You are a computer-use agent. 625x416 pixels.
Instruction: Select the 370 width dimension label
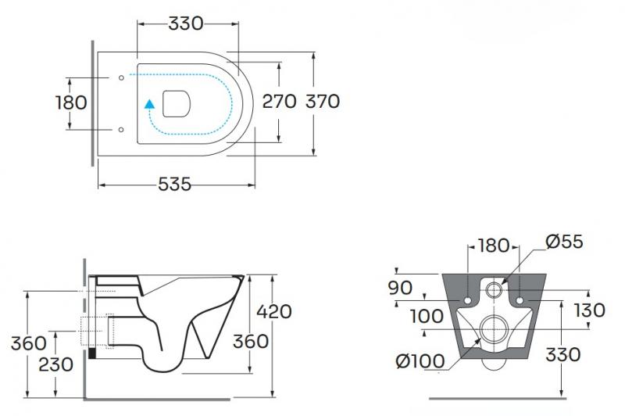(x=322, y=102)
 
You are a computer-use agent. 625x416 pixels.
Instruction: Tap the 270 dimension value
(x=278, y=102)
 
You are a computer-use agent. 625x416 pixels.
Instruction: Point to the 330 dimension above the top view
(x=186, y=23)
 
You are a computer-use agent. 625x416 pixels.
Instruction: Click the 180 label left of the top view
(x=71, y=102)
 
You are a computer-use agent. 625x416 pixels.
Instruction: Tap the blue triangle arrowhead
(x=150, y=102)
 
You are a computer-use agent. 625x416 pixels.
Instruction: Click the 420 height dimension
(x=274, y=311)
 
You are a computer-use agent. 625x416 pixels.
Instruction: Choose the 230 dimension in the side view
(x=55, y=364)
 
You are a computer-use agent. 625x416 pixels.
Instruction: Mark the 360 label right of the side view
(x=252, y=342)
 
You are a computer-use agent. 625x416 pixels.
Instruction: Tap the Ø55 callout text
(x=566, y=242)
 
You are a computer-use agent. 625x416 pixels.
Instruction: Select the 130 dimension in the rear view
(x=588, y=310)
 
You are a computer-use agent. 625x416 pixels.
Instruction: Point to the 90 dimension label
(x=400, y=288)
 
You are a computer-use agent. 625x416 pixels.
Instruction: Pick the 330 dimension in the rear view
(x=562, y=354)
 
